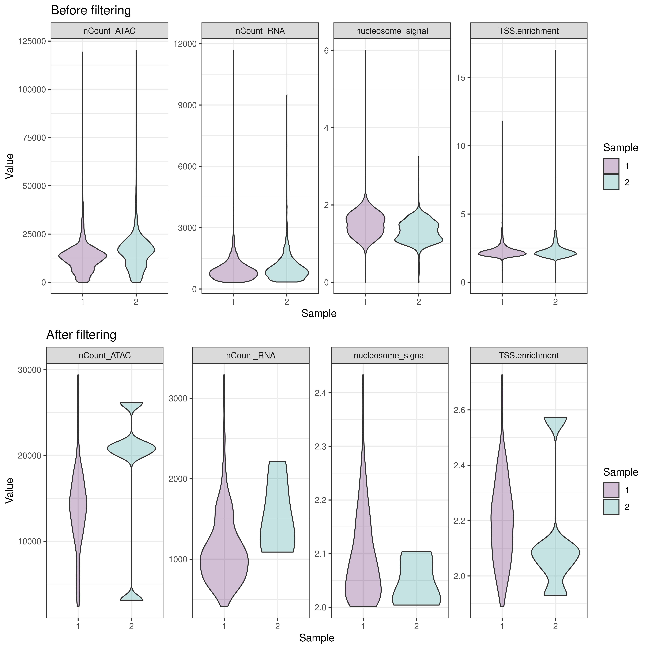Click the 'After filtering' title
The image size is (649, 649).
(x=81, y=335)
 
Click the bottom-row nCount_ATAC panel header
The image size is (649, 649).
(x=105, y=355)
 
